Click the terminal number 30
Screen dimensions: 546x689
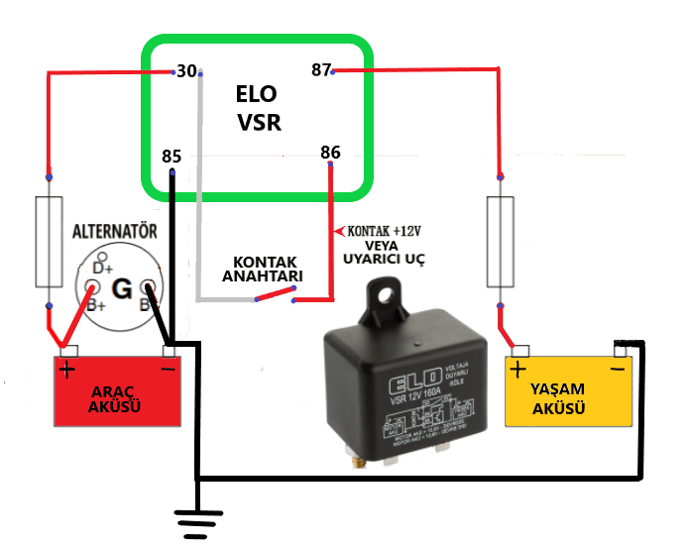185,71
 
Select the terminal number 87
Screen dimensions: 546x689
320,70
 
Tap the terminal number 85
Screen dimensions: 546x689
172,157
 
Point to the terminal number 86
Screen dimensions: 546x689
330,153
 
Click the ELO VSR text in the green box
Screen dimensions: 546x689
258,108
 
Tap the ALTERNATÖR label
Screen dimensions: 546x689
116,232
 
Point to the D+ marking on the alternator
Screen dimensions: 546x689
101,268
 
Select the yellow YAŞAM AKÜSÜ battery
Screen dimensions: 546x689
569,392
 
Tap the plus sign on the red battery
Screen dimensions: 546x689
67,371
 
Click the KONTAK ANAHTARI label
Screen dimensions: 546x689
262,269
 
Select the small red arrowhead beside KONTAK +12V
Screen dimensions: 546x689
340,231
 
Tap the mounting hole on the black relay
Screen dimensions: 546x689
384,294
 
